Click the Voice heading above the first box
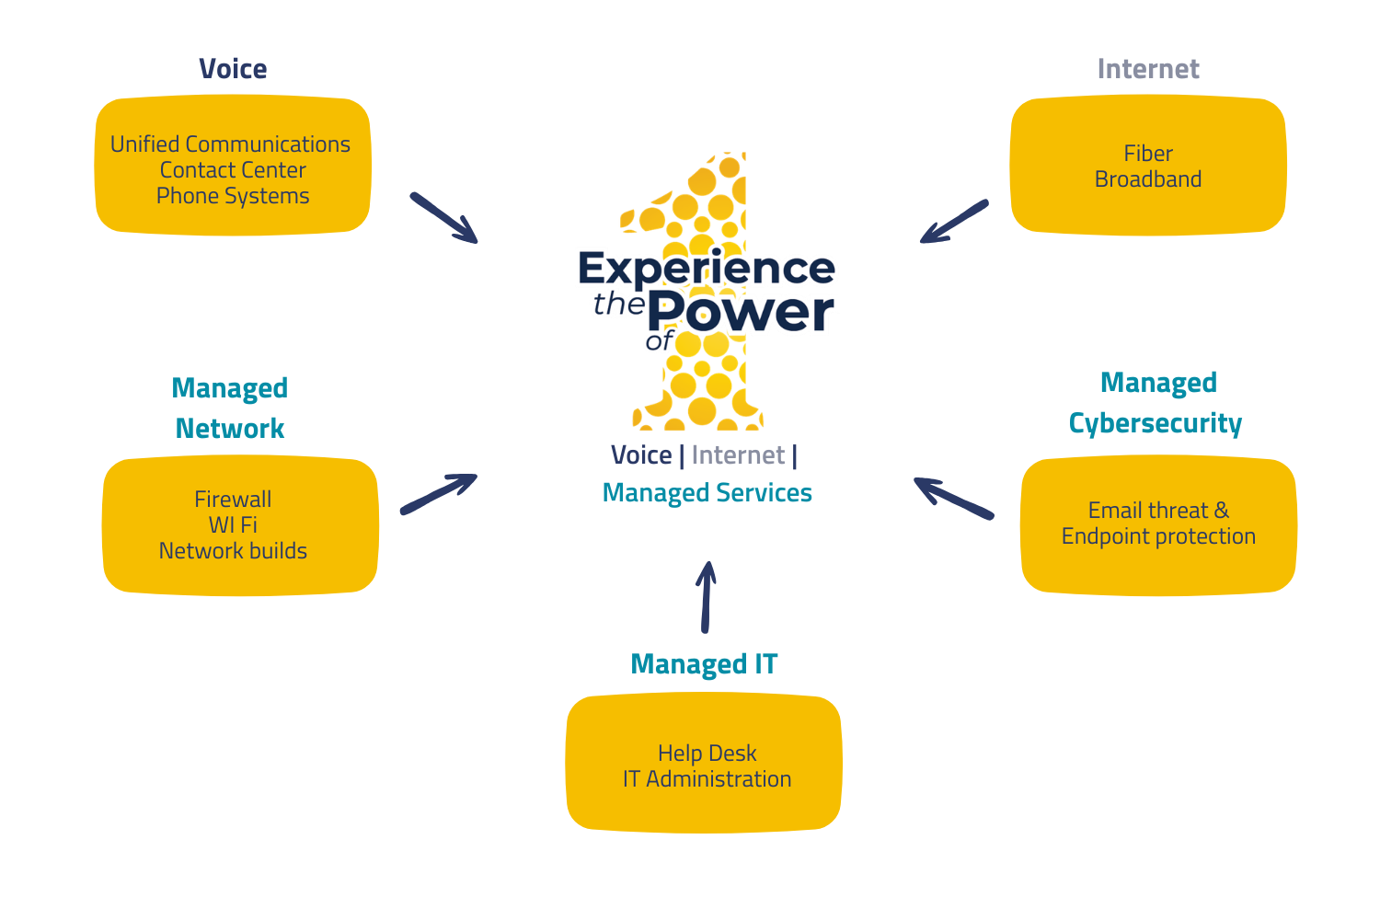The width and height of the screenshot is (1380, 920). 233,69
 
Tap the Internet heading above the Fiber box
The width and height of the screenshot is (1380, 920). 1148,69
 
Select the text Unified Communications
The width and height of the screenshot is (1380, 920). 230,144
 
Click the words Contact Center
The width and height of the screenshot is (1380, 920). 233,170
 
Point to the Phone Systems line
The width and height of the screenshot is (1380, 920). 233,196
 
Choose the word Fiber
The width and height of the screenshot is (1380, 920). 1148,154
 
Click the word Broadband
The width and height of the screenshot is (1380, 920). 1148,179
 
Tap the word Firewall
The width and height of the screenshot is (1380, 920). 233,500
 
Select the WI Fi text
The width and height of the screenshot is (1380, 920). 233,525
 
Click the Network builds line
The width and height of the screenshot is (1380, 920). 233,551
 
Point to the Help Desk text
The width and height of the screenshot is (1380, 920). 707,753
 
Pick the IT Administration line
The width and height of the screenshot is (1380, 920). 707,779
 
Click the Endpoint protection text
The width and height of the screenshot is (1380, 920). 1158,536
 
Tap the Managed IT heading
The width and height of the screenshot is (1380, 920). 704,664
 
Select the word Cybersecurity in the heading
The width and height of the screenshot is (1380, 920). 1155,423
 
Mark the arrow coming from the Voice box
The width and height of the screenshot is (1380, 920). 443,218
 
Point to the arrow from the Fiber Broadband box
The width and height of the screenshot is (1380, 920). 954,222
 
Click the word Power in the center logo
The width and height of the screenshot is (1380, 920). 742,312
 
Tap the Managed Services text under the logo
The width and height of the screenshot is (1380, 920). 707,493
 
